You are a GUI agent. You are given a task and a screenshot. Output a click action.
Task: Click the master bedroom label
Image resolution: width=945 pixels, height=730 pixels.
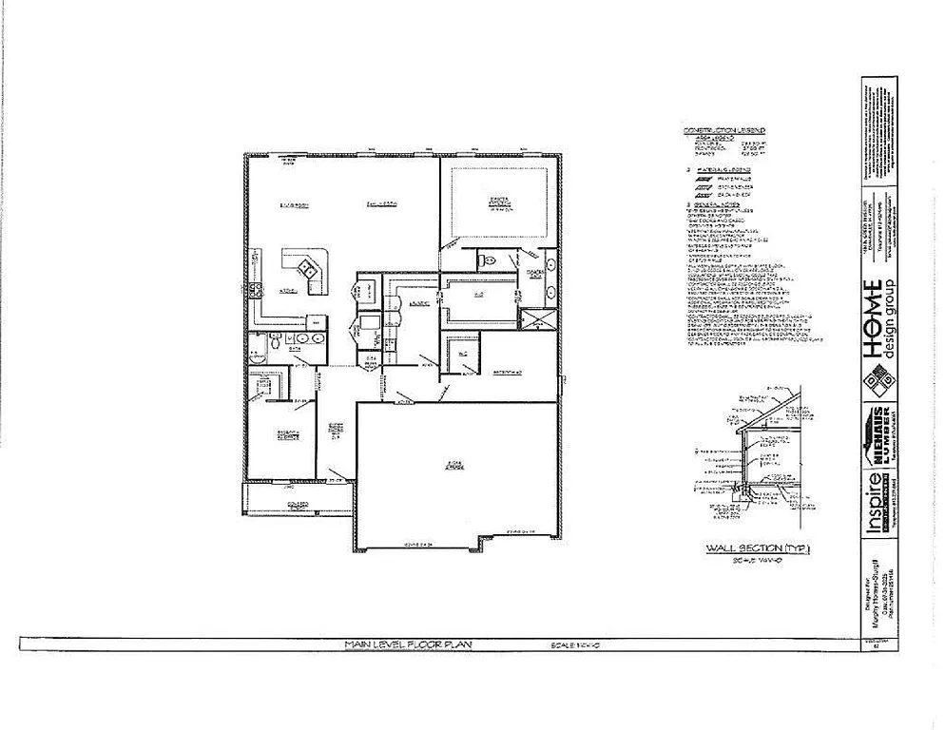(x=501, y=202)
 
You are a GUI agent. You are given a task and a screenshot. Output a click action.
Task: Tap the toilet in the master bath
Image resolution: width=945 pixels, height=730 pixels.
(x=482, y=259)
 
